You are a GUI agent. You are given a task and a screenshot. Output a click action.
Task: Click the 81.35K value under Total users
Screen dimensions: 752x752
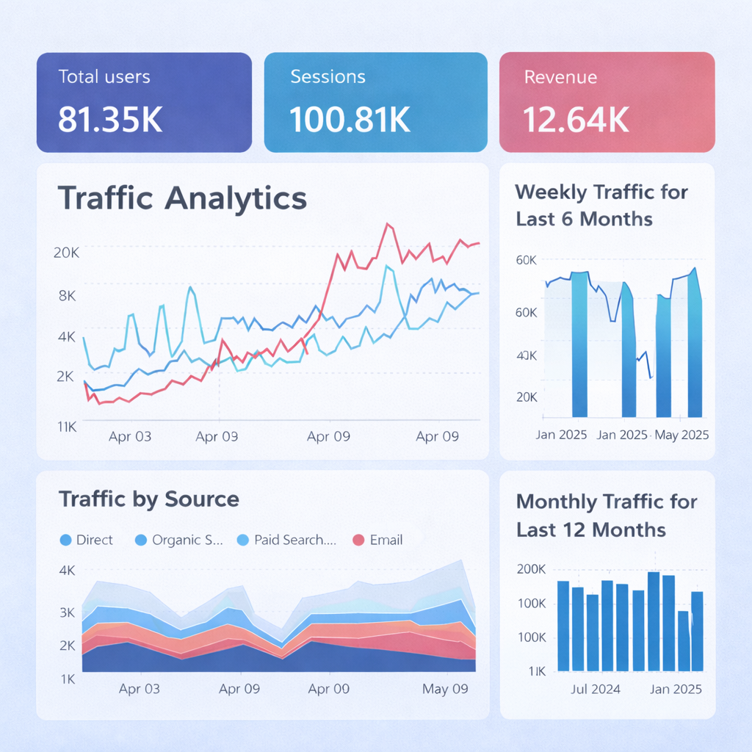[x=109, y=120]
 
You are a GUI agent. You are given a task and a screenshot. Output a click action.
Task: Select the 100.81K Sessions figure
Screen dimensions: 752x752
[x=350, y=120]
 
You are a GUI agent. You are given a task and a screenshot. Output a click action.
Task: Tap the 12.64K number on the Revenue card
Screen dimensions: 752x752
[x=576, y=120]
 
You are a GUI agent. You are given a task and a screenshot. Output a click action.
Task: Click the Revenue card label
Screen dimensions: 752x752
[x=560, y=77]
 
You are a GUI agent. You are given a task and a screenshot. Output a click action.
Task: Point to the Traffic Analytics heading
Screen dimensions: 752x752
[x=182, y=198]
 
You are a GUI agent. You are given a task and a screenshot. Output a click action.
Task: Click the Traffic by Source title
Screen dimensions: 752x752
[x=149, y=499]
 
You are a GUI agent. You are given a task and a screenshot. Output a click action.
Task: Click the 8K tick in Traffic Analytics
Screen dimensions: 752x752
[x=66, y=295]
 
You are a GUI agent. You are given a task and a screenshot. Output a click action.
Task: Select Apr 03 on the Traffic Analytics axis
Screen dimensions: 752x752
[x=130, y=436]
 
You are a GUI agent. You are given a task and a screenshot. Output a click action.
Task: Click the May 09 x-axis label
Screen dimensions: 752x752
[x=445, y=690]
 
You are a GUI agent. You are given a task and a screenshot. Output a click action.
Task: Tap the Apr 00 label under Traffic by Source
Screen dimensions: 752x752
[x=328, y=690]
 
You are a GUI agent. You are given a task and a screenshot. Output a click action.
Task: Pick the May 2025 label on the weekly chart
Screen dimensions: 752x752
[x=681, y=434]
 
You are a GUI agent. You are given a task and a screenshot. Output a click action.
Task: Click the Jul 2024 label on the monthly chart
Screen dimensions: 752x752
[x=595, y=689]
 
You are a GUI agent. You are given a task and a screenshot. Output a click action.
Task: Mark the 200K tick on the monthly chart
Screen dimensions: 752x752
[x=531, y=569]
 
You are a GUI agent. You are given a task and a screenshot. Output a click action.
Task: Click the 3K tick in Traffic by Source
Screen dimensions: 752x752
[x=68, y=612]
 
